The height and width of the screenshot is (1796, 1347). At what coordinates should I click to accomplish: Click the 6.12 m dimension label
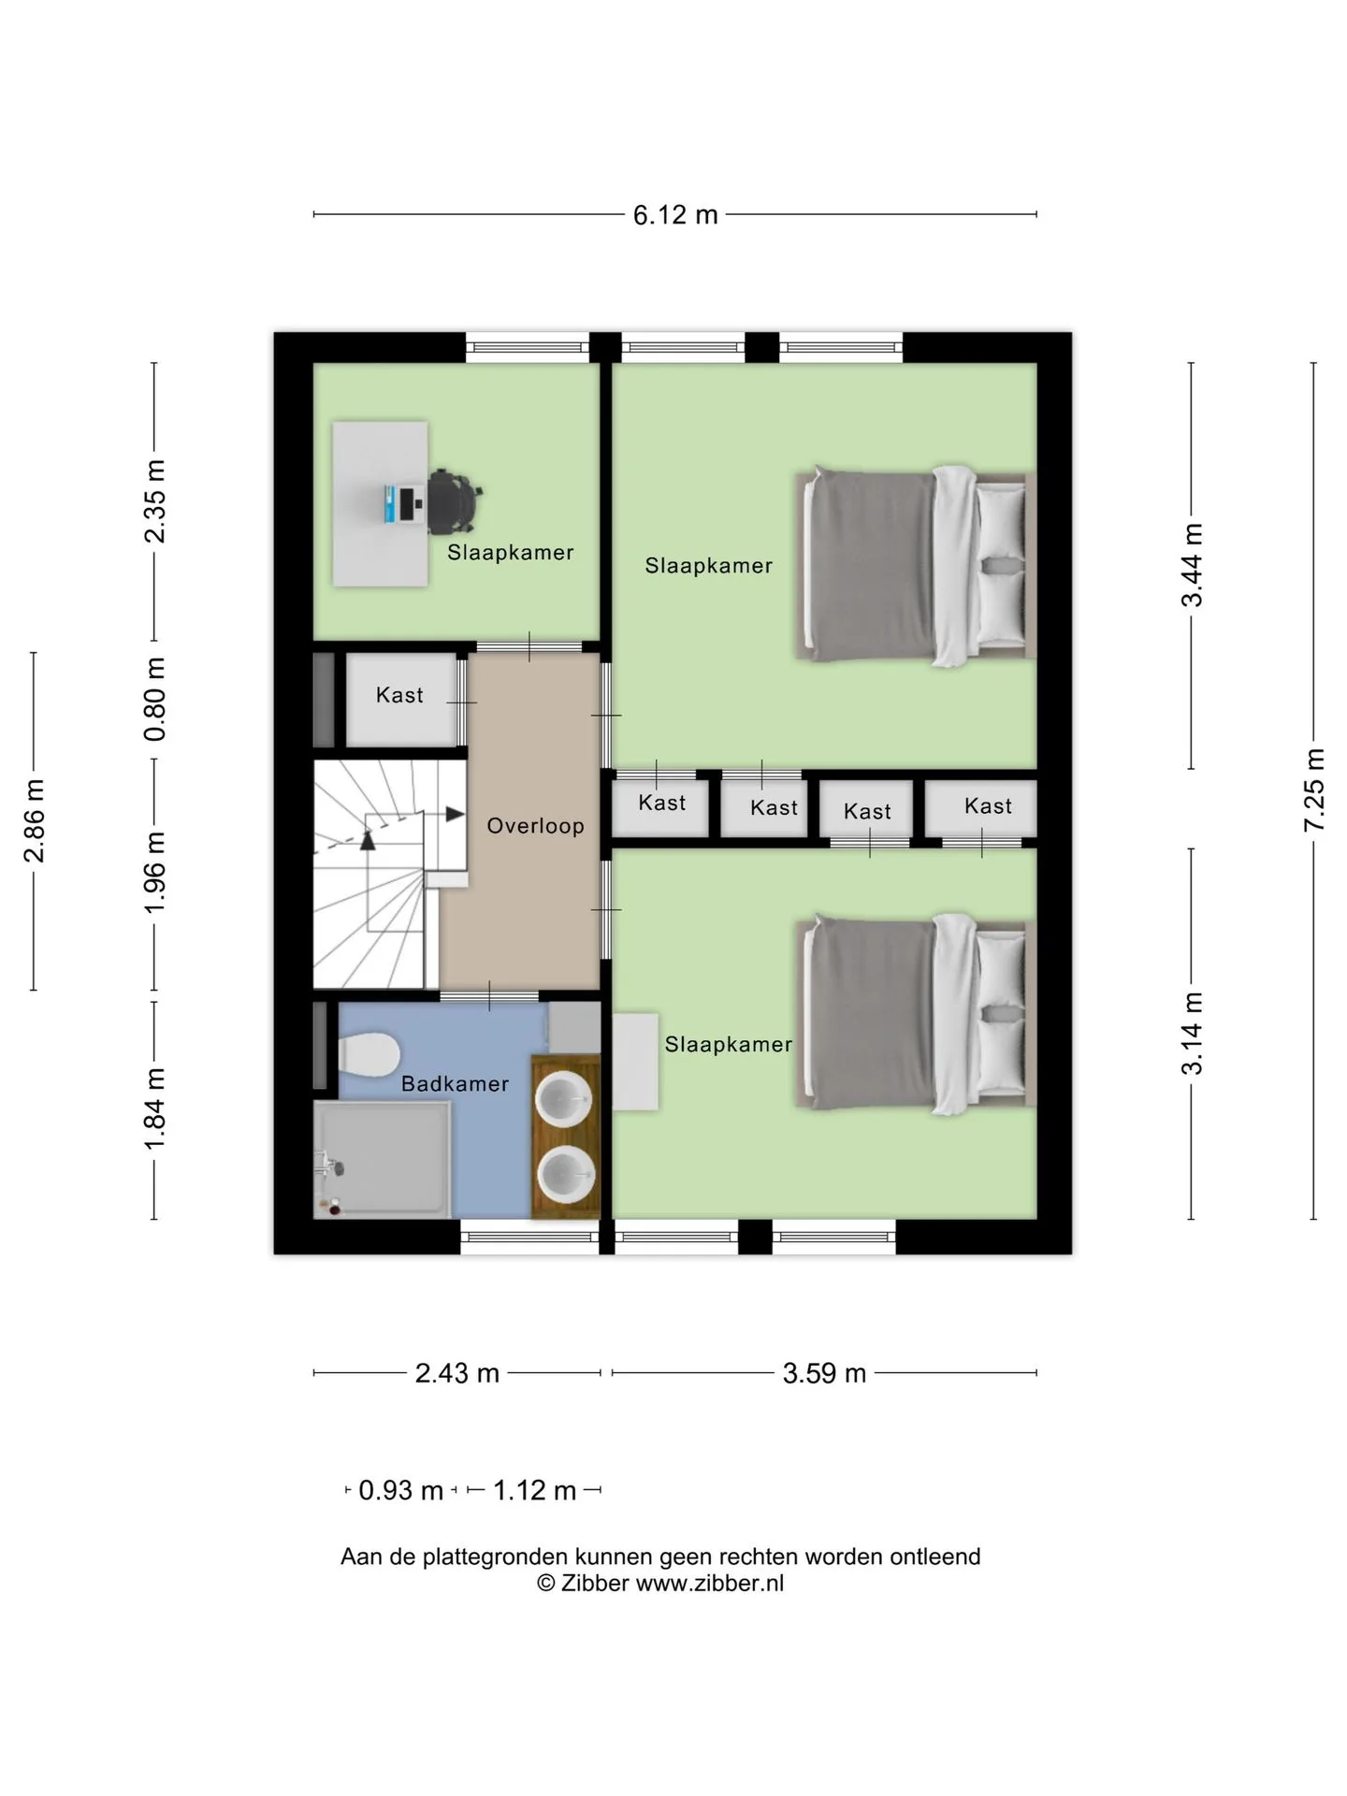tap(675, 215)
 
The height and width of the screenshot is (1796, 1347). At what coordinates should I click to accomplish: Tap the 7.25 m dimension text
tap(1315, 789)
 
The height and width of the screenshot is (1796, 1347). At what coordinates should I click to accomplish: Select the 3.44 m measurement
tap(1192, 565)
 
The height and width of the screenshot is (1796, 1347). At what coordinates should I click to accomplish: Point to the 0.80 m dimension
tap(155, 699)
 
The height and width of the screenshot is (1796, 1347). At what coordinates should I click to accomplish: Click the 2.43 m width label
tap(456, 1373)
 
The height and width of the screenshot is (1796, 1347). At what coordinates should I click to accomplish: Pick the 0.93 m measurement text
tap(400, 1490)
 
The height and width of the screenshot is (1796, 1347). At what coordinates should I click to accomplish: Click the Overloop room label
tap(535, 826)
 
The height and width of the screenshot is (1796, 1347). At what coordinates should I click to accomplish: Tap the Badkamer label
tap(455, 1083)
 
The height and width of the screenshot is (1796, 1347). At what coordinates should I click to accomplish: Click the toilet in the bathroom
tap(369, 1055)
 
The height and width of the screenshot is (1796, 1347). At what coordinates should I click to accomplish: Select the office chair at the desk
tap(456, 502)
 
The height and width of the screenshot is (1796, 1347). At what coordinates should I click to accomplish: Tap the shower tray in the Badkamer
tap(383, 1160)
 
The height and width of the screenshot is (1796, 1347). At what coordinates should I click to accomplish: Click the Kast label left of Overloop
tap(399, 695)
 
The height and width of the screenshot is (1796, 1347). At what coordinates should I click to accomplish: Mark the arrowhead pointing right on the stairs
tap(456, 814)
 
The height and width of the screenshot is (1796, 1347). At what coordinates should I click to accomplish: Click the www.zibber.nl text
tap(710, 1583)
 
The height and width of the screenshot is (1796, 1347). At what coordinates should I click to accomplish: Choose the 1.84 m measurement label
tap(155, 1109)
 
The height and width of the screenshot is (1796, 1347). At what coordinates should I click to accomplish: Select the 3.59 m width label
tap(824, 1373)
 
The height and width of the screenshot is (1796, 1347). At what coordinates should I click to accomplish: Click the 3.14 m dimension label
tap(1192, 1034)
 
